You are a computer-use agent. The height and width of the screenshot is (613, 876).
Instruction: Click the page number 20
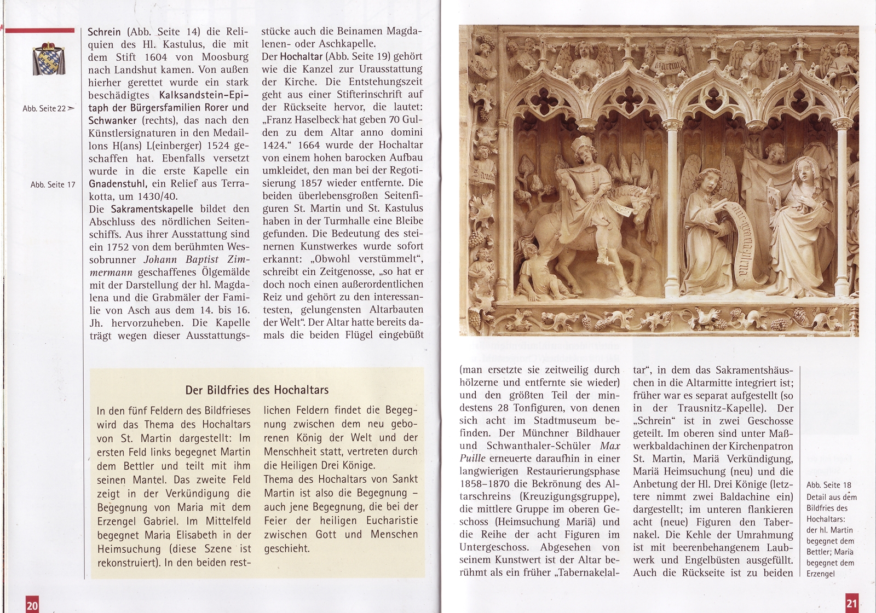pos(32,605)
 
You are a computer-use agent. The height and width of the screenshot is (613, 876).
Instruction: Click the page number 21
pos(851,604)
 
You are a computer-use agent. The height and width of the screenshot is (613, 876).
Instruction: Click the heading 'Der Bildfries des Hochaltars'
pos(257,390)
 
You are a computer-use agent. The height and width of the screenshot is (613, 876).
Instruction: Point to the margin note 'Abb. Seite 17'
pos(53,184)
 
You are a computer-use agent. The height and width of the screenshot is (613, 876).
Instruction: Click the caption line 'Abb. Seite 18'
pos(828,485)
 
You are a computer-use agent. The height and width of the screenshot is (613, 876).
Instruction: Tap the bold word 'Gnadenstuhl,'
pos(116,183)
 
